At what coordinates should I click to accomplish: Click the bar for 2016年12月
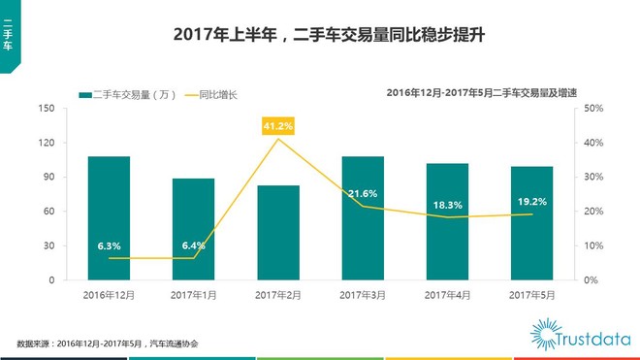tap(109, 217)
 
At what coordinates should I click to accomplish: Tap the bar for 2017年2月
tap(278, 233)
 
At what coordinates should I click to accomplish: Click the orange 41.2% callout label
tap(278, 126)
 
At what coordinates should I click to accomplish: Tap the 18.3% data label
tap(448, 206)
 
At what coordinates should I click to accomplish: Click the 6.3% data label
tap(109, 246)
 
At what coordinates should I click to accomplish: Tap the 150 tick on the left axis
tap(48, 109)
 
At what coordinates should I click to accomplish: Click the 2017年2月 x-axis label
tap(278, 294)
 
